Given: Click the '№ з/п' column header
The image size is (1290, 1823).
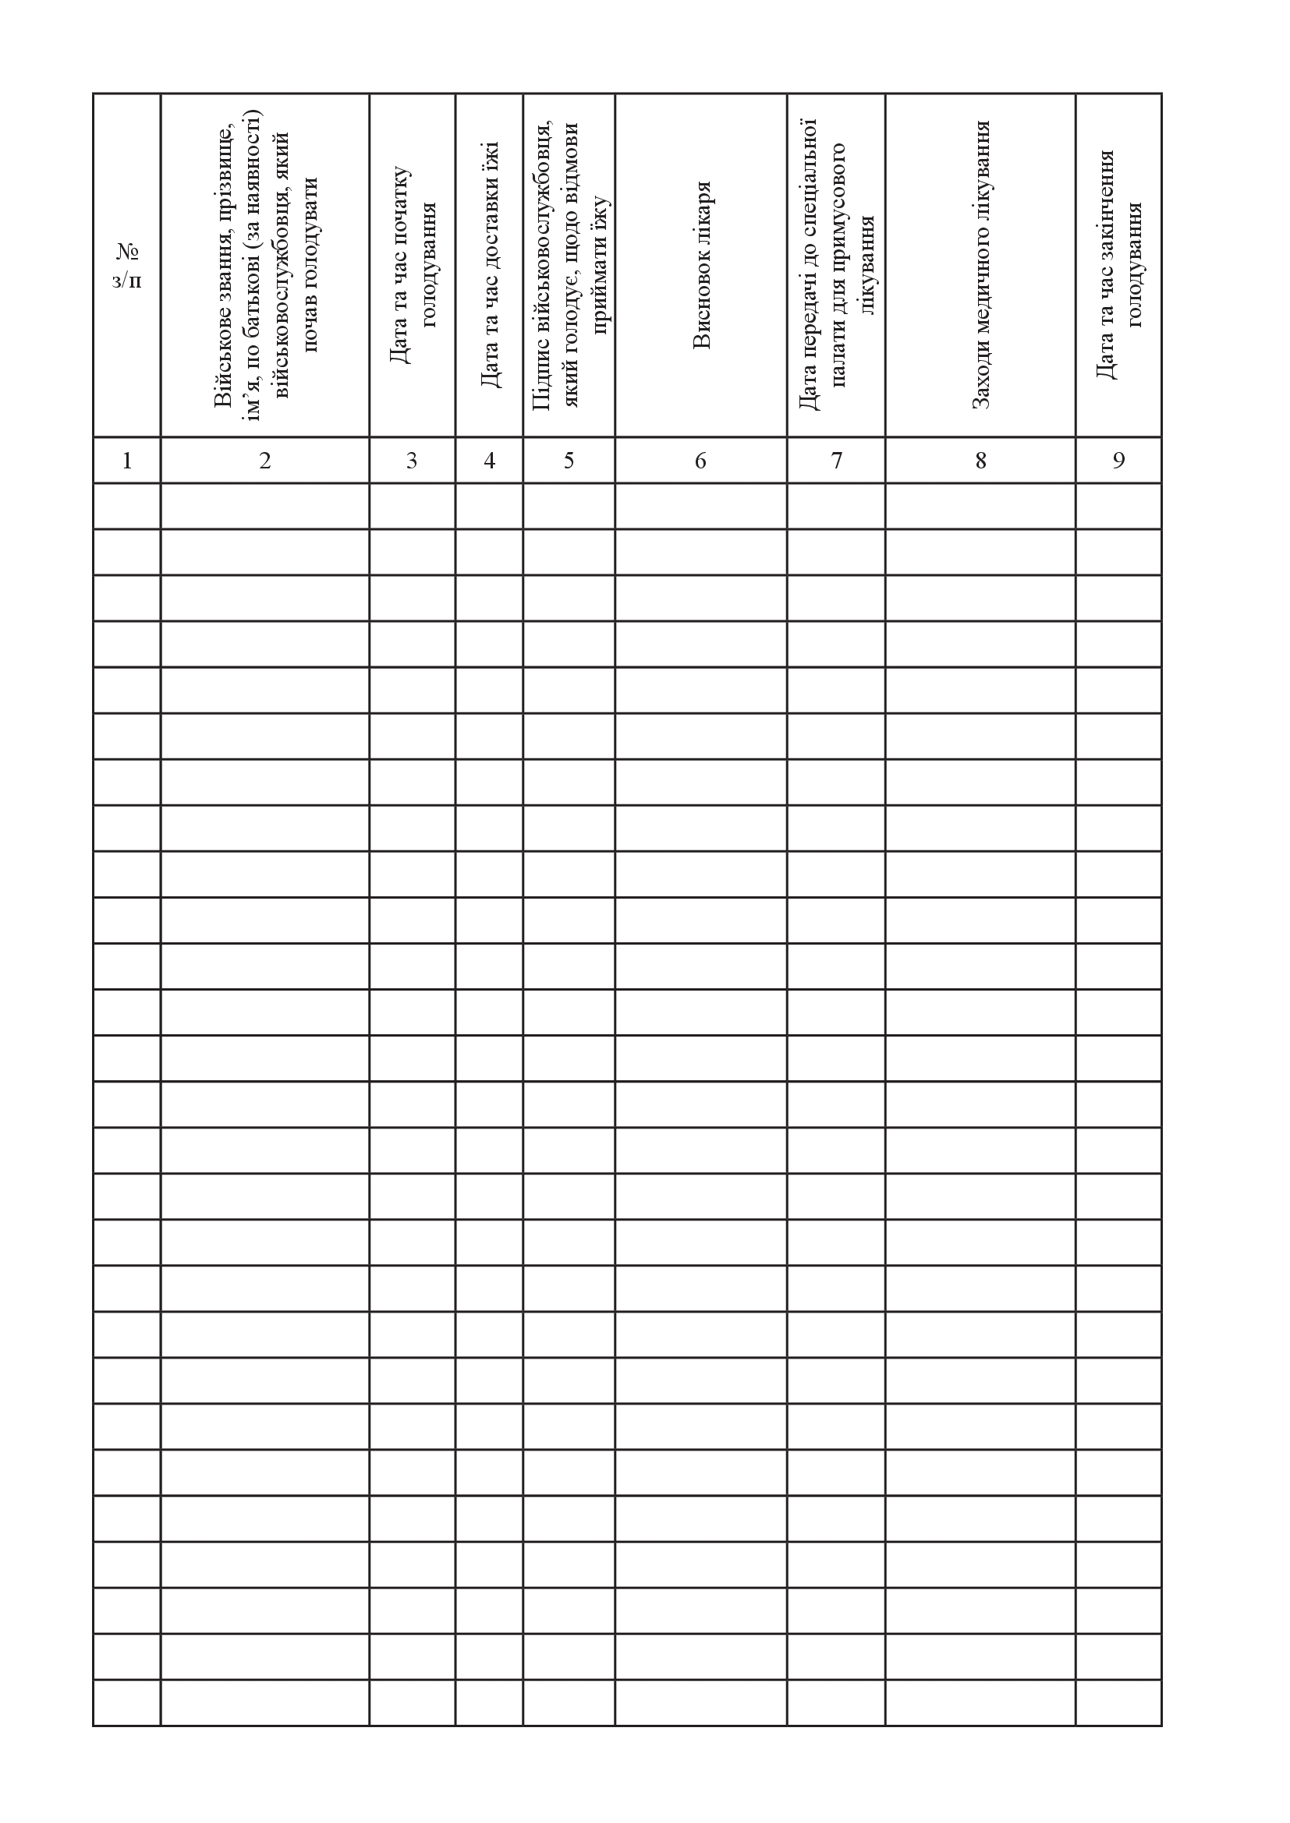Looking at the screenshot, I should (127, 265).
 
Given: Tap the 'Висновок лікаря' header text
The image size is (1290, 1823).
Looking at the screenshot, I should (701, 265).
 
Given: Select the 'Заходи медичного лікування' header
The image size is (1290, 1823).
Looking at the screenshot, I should (981, 265).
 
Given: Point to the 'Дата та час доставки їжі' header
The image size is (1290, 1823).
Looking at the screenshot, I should (490, 265).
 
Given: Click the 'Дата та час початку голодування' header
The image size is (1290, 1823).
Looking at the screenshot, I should (413, 265).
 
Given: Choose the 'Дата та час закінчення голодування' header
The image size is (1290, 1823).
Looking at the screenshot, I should (1118, 265).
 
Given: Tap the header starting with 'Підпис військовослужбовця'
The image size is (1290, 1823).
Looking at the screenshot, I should (569, 265).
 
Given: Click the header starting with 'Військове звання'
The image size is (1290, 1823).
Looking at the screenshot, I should (265, 265).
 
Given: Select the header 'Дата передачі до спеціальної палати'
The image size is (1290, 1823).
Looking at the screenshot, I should (836, 265).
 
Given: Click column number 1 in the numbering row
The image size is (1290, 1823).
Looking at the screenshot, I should (127, 461).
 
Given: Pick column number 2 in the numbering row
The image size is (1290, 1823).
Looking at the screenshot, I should (265, 461).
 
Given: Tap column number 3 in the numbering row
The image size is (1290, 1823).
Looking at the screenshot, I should (412, 461).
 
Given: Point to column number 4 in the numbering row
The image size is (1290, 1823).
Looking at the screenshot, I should (489, 461).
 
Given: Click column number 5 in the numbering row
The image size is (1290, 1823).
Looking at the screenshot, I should (569, 461).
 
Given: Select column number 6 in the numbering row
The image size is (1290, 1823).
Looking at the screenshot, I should (700, 461).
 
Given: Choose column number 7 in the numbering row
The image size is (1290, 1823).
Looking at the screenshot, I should (836, 461).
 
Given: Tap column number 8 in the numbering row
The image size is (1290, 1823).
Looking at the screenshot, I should (981, 461).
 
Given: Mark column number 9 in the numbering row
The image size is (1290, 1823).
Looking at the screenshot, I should (1118, 461).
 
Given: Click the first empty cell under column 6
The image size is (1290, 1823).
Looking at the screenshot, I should (700, 506).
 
